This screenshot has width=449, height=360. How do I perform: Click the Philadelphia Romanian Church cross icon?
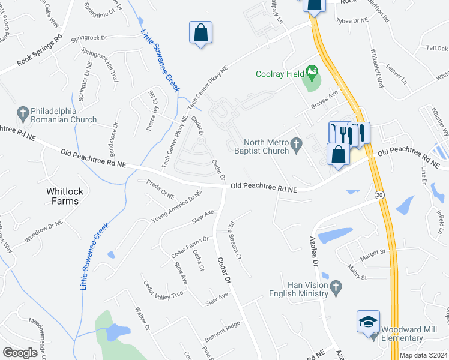point(23,112)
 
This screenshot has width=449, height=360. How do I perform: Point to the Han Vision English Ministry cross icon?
point(336,289)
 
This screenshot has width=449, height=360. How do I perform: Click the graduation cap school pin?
point(368,323)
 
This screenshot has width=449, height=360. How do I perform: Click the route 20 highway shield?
point(379,195)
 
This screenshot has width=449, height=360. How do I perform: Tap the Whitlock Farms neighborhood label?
point(63,196)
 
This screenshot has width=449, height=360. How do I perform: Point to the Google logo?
point(20,352)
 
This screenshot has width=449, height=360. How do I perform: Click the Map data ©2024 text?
point(423,355)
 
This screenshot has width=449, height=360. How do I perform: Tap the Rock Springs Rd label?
point(40,50)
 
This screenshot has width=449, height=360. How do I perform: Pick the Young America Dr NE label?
point(177,205)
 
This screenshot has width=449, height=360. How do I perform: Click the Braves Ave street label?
point(325,100)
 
